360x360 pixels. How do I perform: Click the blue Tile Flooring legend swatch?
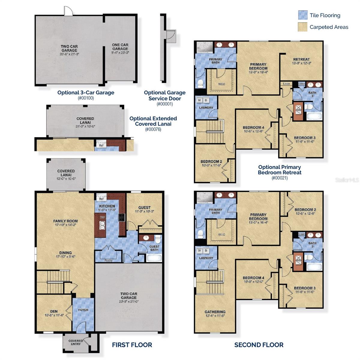click(x=303, y=15)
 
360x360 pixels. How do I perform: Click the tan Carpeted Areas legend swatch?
click(x=303, y=27)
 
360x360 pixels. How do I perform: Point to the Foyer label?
click(x=83, y=310)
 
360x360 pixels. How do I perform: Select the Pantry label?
click(x=108, y=260)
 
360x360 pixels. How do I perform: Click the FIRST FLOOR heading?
click(x=132, y=345)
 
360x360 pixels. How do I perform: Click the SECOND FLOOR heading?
click(x=259, y=345)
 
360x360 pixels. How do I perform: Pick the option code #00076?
click(x=153, y=130)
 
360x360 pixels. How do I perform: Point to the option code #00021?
click(x=279, y=178)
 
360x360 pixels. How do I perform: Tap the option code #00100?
click(x=86, y=98)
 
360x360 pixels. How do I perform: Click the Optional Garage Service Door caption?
click(x=165, y=95)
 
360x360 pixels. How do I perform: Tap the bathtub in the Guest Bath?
click(x=154, y=258)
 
